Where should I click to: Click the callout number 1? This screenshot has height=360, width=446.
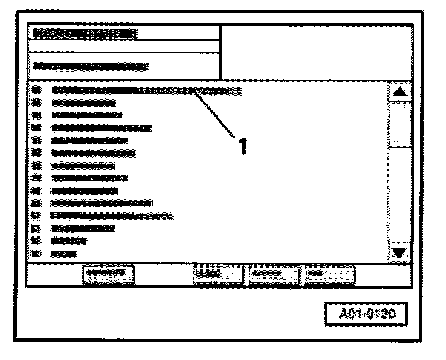click(x=242, y=146)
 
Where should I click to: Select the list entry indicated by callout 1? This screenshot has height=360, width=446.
click(x=145, y=90)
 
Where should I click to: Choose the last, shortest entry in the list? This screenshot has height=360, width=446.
click(x=64, y=253)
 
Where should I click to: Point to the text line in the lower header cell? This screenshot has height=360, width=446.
click(x=91, y=65)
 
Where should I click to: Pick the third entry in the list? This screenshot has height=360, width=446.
click(x=86, y=115)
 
